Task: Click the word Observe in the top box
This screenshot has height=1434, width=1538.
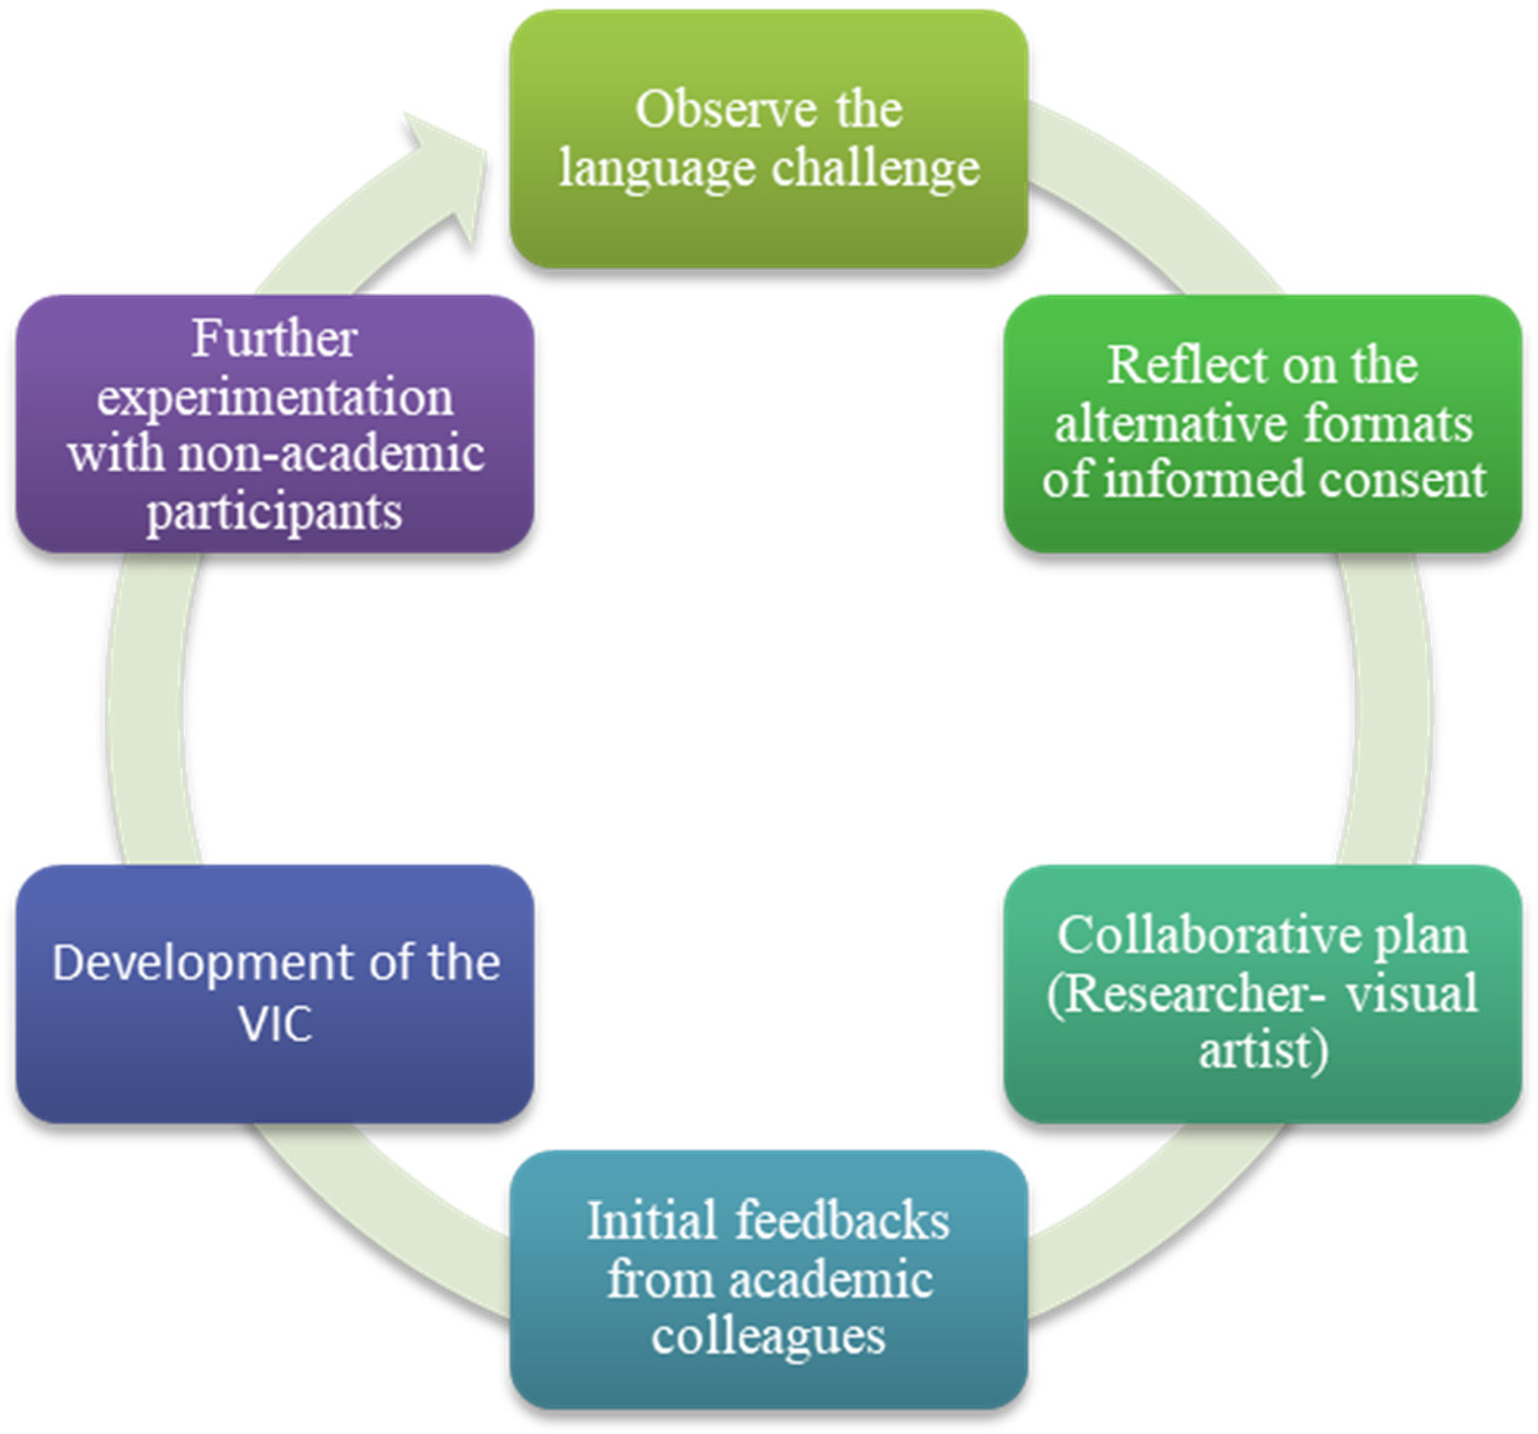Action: (x=725, y=109)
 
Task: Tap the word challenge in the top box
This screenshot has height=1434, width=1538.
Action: (x=876, y=168)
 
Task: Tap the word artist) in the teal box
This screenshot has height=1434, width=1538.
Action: (x=1263, y=1050)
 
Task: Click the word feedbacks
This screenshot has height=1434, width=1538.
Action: (x=843, y=1220)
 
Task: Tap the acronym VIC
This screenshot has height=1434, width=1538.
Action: (x=275, y=1024)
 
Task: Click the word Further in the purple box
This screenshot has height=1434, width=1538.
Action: (x=275, y=338)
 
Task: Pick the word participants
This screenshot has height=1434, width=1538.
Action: (x=275, y=512)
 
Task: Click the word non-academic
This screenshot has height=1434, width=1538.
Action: (x=331, y=453)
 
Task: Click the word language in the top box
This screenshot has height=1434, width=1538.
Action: (x=657, y=168)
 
